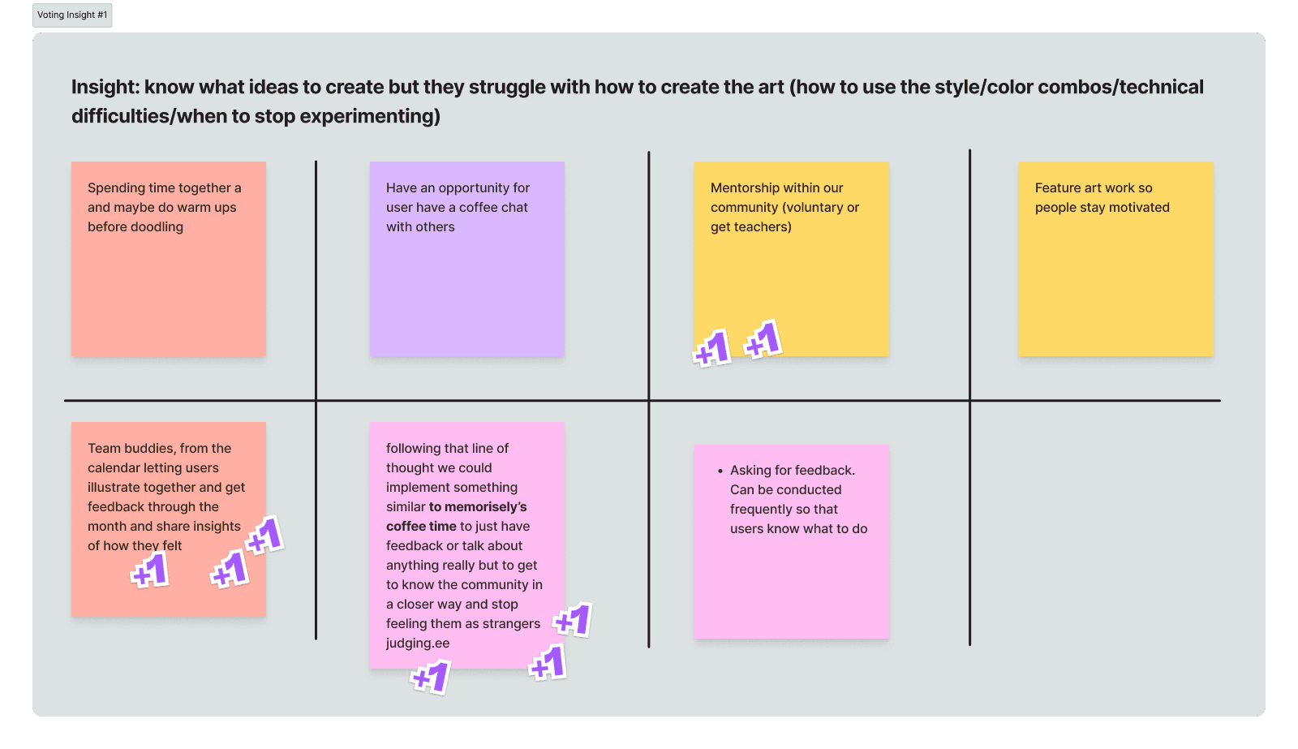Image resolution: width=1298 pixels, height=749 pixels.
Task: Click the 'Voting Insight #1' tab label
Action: (72, 15)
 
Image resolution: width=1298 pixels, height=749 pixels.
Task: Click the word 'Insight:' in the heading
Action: (105, 88)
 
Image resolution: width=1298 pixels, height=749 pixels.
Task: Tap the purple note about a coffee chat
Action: (466, 284)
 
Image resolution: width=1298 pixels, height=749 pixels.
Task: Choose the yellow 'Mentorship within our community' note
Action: (791, 268)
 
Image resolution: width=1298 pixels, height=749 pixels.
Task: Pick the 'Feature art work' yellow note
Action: (1115, 276)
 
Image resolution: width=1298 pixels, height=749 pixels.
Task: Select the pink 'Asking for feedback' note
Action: (791, 584)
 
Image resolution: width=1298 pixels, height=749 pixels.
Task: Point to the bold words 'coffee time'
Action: (421, 527)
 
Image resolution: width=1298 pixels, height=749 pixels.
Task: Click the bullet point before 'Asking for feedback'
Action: (720, 471)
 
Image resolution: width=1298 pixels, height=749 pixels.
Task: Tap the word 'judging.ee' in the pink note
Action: (418, 644)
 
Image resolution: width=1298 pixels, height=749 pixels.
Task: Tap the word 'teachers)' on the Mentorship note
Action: (763, 227)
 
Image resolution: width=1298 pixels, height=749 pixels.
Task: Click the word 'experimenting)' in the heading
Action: (370, 117)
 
